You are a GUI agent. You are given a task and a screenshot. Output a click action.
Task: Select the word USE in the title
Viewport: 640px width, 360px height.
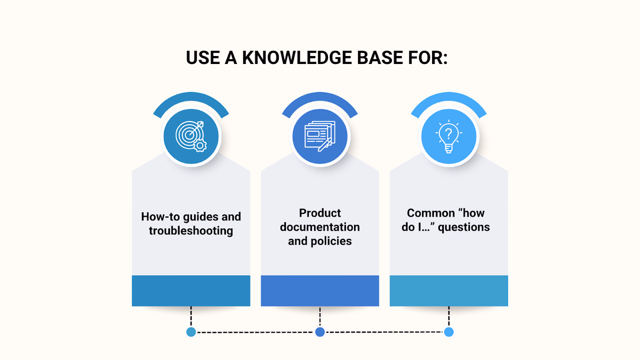pyautogui.click(x=203, y=58)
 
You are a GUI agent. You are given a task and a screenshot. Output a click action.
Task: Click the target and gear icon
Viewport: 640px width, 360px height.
pyautogui.click(x=191, y=137)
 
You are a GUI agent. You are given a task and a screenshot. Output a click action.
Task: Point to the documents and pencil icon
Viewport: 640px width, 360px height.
pyautogui.click(x=319, y=136)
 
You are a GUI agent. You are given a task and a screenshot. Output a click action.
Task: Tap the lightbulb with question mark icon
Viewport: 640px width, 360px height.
pyautogui.click(x=449, y=137)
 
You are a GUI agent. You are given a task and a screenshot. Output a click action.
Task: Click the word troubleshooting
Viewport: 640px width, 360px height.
pyautogui.click(x=191, y=231)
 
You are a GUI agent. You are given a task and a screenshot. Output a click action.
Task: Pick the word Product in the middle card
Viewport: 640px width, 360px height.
pyautogui.click(x=319, y=213)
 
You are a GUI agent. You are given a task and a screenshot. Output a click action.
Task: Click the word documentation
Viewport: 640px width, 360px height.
pyautogui.click(x=319, y=227)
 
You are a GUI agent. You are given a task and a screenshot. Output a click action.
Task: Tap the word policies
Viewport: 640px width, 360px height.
pyautogui.click(x=331, y=241)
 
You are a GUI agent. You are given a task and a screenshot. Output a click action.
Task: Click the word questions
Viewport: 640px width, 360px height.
pyautogui.click(x=463, y=227)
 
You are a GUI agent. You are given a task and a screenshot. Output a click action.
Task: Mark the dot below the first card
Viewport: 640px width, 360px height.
pyautogui.click(x=191, y=332)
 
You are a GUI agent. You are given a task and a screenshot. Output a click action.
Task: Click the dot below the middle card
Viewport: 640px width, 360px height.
pyautogui.click(x=319, y=332)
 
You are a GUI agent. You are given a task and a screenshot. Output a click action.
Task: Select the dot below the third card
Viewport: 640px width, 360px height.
pyautogui.click(x=449, y=332)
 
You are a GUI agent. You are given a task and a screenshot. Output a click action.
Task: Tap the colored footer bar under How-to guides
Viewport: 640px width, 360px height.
pyautogui.click(x=191, y=291)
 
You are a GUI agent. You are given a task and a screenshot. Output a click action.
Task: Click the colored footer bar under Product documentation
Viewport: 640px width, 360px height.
pyautogui.click(x=319, y=291)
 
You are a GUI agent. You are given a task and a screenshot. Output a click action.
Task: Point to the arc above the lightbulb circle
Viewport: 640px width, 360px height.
pyautogui.click(x=449, y=97)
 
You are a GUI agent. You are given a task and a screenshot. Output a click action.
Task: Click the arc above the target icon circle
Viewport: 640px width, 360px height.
pyautogui.click(x=191, y=97)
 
